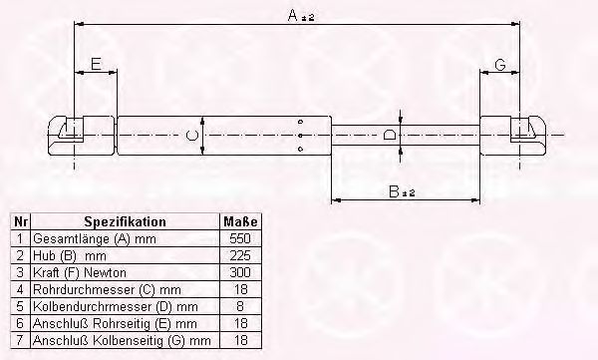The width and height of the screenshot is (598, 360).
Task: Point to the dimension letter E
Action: [96, 64]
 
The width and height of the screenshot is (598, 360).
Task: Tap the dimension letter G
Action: [500, 65]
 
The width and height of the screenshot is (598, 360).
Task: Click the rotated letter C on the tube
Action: [191, 136]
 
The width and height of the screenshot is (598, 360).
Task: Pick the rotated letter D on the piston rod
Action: [389, 135]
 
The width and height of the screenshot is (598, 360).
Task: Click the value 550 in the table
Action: [240, 238]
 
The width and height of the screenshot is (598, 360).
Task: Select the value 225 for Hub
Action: [240, 255]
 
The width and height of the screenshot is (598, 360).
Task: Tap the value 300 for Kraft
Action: [240, 272]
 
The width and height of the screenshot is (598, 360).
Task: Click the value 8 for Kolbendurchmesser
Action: [240, 306]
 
